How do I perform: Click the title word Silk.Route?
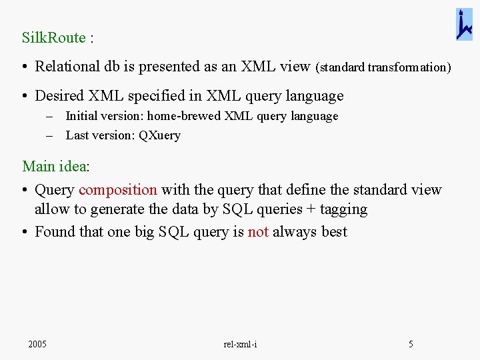click(53, 37)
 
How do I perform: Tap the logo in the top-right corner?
click(464, 25)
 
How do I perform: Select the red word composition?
click(117, 190)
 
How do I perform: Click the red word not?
click(258, 232)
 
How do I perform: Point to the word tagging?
click(343, 210)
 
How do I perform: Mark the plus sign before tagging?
click(311, 210)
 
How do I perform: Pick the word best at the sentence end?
click(334, 232)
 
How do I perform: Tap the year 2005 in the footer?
click(37, 345)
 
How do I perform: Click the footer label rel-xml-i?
click(240, 345)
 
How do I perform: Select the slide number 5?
click(411, 345)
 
